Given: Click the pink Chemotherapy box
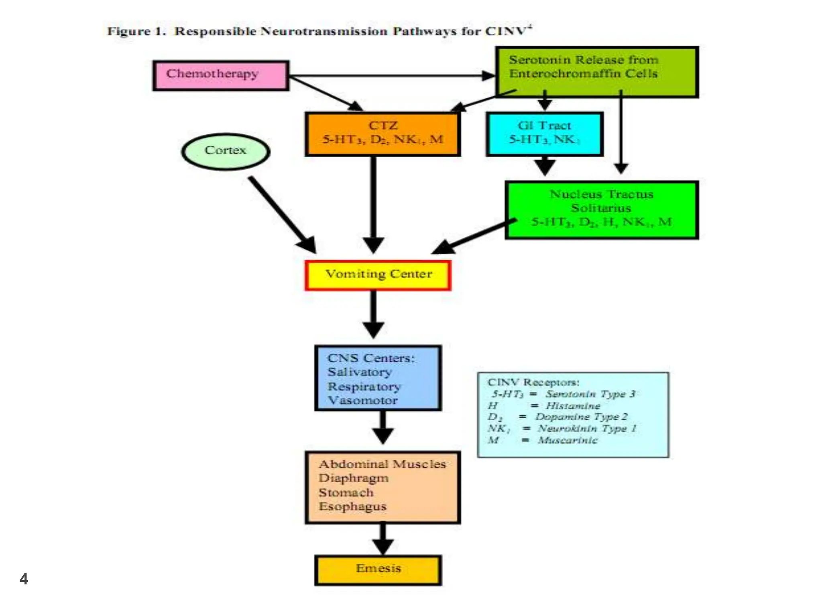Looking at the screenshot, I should click(220, 75).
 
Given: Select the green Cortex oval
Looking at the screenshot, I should click(226, 151).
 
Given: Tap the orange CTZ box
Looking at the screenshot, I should click(382, 134).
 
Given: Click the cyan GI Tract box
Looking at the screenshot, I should click(544, 134).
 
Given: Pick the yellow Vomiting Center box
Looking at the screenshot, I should click(378, 275).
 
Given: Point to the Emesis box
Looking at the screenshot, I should click(378, 569).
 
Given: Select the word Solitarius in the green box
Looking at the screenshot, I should click(601, 208).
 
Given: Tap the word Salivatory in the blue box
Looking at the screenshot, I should click(360, 372).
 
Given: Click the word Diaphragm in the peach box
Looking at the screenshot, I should click(353, 478).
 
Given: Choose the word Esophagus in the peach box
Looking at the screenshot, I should click(352, 507).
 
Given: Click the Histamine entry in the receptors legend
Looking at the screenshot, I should click(573, 406).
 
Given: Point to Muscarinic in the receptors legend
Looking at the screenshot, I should click(568, 440).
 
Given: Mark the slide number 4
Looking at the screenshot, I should click(24, 579).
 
